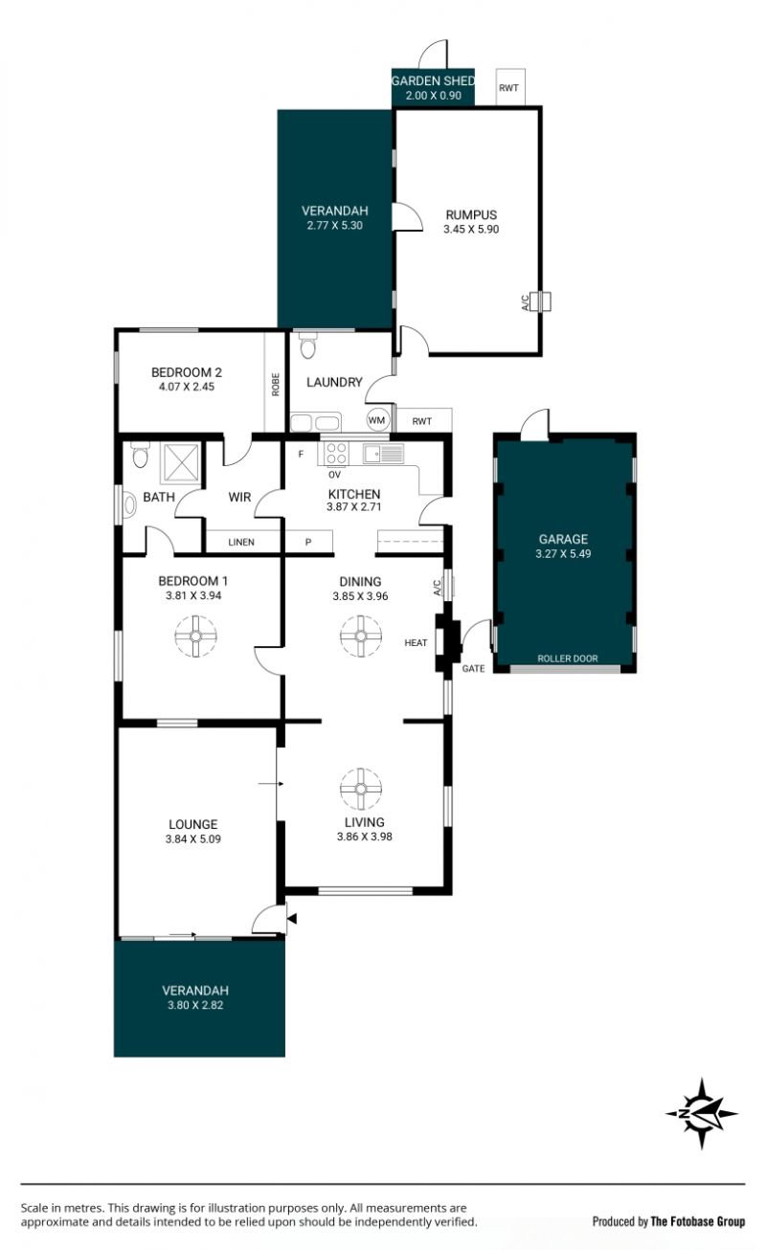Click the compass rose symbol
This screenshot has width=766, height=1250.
click(x=701, y=1113)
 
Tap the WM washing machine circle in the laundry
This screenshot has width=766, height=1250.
click(x=377, y=420)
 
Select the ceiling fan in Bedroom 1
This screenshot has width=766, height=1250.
click(x=195, y=636)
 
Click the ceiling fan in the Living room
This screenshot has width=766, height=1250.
click(x=361, y=789)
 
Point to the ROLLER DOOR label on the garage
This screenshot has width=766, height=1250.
click(x=567, y=658)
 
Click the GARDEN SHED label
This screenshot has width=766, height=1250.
click(x=433, y=81)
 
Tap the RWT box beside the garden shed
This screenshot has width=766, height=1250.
click(x=510, y=87)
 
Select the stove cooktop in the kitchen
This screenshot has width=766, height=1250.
click(x=336, y=453)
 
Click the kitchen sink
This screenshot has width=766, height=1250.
click(x=383, y=453)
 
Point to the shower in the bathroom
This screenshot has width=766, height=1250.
click(x=180, y=462)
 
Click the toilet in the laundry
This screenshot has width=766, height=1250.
click(x=307, y=346)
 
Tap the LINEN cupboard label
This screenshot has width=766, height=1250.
click(x=241, y=542)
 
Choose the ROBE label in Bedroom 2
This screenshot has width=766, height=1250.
click(x=275, y=385)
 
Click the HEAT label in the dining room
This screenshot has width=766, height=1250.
click(x=416, y=643)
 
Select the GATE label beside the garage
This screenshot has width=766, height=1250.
click(x=473, y=668)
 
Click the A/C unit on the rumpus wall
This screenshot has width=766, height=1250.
click(x=540, y=301)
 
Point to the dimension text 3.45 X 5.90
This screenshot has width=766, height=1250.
click(x=471, y=229)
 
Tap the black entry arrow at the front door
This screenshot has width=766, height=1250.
click(x=292, y=919)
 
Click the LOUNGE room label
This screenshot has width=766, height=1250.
click(x=193, y=824)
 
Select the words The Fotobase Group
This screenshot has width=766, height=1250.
click(x=698, y=1221)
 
